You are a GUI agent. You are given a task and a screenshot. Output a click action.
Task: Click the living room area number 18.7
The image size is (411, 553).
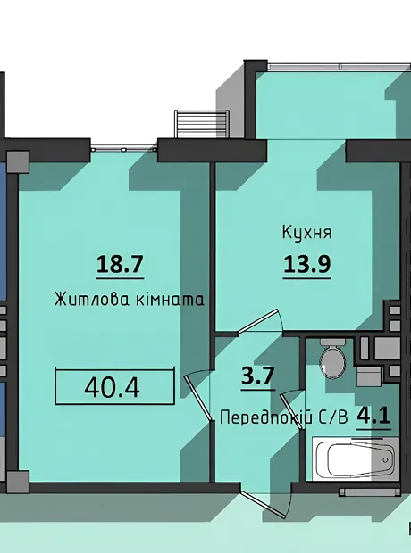[x=120, y=264]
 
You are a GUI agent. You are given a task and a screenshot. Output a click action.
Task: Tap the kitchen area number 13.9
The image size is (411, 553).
[x=306, y=264]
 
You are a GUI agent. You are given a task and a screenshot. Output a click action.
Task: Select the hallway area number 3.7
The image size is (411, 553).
[x=258, y=376]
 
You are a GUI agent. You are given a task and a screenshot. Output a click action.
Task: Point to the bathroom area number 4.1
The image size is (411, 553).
[x=373, y=416]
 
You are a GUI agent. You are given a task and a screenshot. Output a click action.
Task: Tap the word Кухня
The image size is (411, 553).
[x=306, y=233]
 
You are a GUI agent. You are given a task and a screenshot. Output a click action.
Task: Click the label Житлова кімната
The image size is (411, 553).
[x=129, y=300]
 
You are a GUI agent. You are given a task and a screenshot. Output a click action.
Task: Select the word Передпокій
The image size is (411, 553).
[x=266, y=418]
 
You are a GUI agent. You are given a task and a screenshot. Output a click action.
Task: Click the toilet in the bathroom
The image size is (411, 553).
[x=332, y=359]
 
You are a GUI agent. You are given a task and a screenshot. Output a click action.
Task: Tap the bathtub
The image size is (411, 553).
[x=356, y=458]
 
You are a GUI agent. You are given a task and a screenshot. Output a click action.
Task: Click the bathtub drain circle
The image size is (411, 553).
[x=385, y=460]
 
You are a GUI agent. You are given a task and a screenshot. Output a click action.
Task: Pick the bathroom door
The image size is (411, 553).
[x=292, y=411]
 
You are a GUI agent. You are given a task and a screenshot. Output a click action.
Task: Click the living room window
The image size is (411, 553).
[x=123, y=150]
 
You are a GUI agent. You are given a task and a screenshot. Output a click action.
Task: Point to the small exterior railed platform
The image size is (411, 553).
[x=201, y=124]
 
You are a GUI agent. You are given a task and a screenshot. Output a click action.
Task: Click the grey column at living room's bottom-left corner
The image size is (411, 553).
[x=18, y=481]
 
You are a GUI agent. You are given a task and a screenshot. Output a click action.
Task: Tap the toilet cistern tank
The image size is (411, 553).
[x=332, y=343]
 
